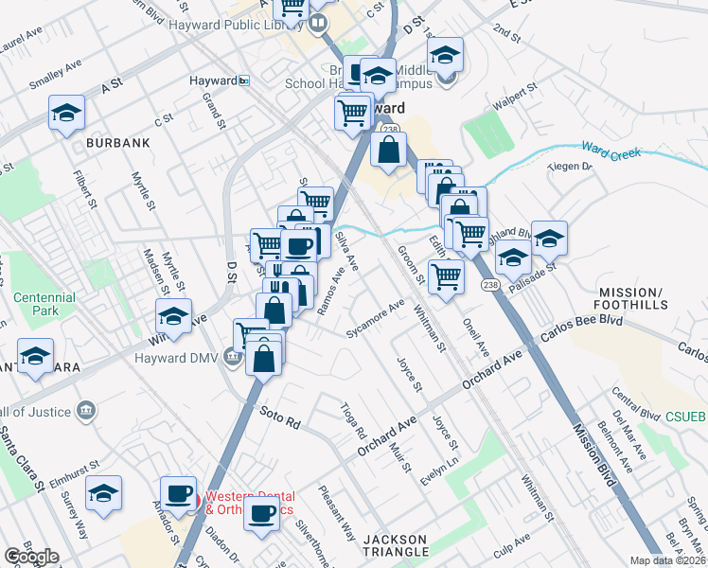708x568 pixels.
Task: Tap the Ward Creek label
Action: click(611, 151)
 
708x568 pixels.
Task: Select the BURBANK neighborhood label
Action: click(118, 142)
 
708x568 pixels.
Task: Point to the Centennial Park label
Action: click(44, 303)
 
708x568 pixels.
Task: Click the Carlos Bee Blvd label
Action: click(578, 338)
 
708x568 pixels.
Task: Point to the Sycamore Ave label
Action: click(375, 319)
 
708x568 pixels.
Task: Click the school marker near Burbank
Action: click(66, 114)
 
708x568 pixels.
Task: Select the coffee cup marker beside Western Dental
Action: click(178, 491)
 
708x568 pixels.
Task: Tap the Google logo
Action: click(31, 557)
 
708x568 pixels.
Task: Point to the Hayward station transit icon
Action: click(244, 81)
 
